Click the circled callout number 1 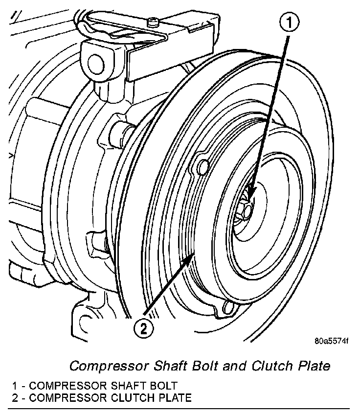[289, 22]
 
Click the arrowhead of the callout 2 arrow [194, 255]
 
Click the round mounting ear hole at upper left [94, 63]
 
